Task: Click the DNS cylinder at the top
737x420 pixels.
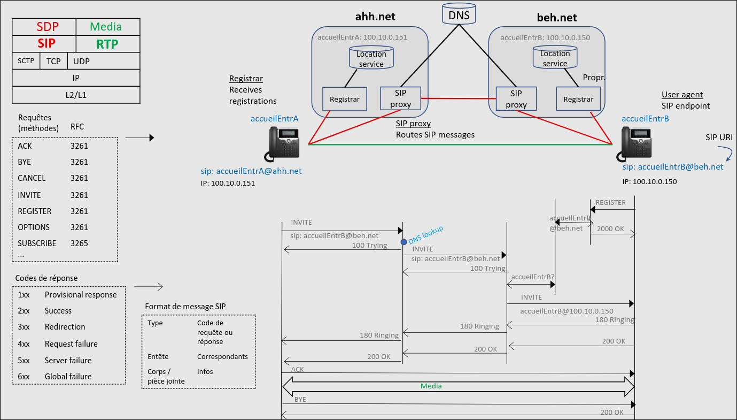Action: [459, 14]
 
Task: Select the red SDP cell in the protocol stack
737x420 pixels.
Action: [47, 27]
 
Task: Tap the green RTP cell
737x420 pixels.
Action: [107, 44]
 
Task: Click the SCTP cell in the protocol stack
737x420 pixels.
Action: [26, 61]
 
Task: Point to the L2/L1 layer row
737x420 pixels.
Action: [76, 95]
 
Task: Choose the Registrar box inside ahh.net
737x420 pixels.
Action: [344, 100]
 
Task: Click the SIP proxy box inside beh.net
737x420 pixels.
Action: [516, 100]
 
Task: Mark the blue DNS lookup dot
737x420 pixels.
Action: [404, 242]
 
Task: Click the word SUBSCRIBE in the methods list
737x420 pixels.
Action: [37, 243]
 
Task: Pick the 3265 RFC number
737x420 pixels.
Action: [79, 243]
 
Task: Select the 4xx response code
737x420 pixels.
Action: [24, 344]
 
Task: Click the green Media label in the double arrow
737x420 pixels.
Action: [431, 386]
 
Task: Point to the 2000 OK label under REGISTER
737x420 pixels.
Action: [610, 229]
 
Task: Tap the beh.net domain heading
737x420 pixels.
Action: [556, 17]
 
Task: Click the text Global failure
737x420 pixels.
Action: [68, 377]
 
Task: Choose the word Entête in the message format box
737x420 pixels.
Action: [158, 356]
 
